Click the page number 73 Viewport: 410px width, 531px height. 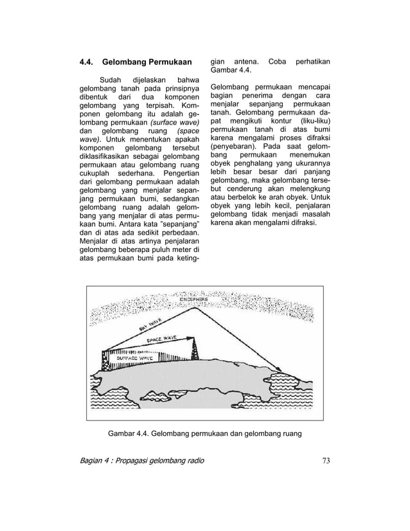point(326,460)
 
